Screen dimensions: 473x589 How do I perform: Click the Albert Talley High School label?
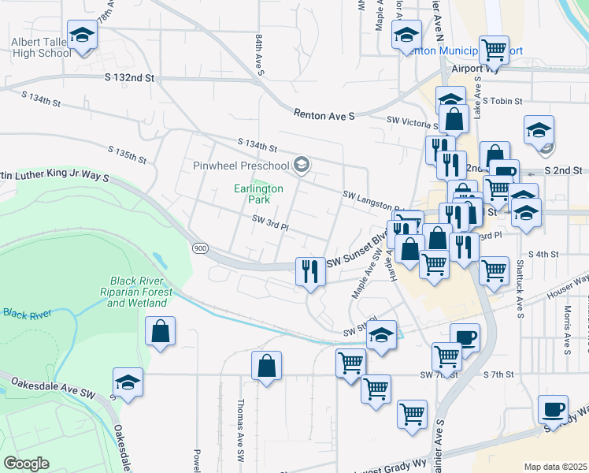[41, 47]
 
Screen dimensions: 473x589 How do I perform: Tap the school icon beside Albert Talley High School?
[81, 35]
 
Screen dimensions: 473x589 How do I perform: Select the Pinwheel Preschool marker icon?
[301, 165]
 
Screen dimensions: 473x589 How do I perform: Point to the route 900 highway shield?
[200, 248]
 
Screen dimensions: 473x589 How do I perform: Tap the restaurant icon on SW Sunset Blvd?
[309, 272]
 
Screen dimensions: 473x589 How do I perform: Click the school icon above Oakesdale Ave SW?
[128, 382]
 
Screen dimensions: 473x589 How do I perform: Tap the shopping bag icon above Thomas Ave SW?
[267, 366]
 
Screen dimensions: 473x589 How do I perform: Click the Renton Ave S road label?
[324, 115]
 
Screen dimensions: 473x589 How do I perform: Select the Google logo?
[26, 464]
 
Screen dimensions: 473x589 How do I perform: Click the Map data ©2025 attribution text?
[555, 467]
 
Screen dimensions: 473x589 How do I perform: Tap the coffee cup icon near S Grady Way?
[553, 410]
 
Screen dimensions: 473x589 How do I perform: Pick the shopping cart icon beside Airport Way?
[494, 51]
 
